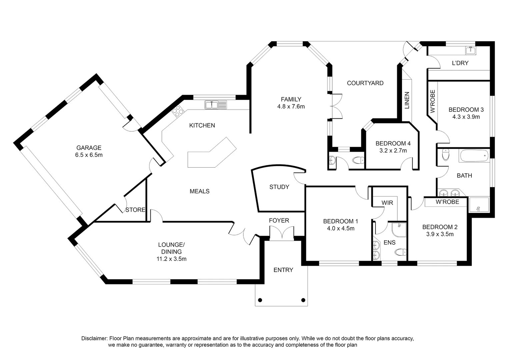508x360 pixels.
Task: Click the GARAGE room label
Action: point(89,148)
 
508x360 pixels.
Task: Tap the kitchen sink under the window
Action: point(216,105)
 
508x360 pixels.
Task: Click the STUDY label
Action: point(279,187)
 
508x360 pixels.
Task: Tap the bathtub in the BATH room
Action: point(474,156)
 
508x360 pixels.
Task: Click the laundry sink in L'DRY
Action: point(471,51)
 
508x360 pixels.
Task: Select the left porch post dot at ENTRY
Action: point(260,300)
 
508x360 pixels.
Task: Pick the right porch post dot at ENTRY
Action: point(303,300)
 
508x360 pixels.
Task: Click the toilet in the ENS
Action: point(401,252)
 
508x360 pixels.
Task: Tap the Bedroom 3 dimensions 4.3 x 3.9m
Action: point(466,117)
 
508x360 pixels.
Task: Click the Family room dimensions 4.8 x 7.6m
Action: point(291,106)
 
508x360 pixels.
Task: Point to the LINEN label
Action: point(407,100)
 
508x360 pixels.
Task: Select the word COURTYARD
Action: point(365,83)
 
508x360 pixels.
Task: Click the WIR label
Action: point(387,203)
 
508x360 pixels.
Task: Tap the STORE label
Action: point(135,210)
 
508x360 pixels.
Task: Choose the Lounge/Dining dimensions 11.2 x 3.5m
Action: point(171,259)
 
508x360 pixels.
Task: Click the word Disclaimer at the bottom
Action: point(94,338)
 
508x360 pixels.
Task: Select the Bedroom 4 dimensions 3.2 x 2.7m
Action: point(393,150)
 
